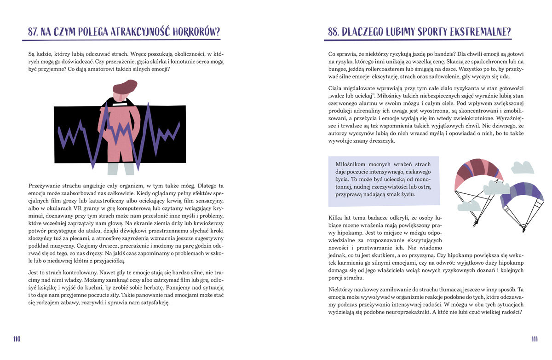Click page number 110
tap(17, 339)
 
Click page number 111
tap(535, 339)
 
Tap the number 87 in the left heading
tap(32, 32)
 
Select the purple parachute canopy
tap(522, 193)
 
